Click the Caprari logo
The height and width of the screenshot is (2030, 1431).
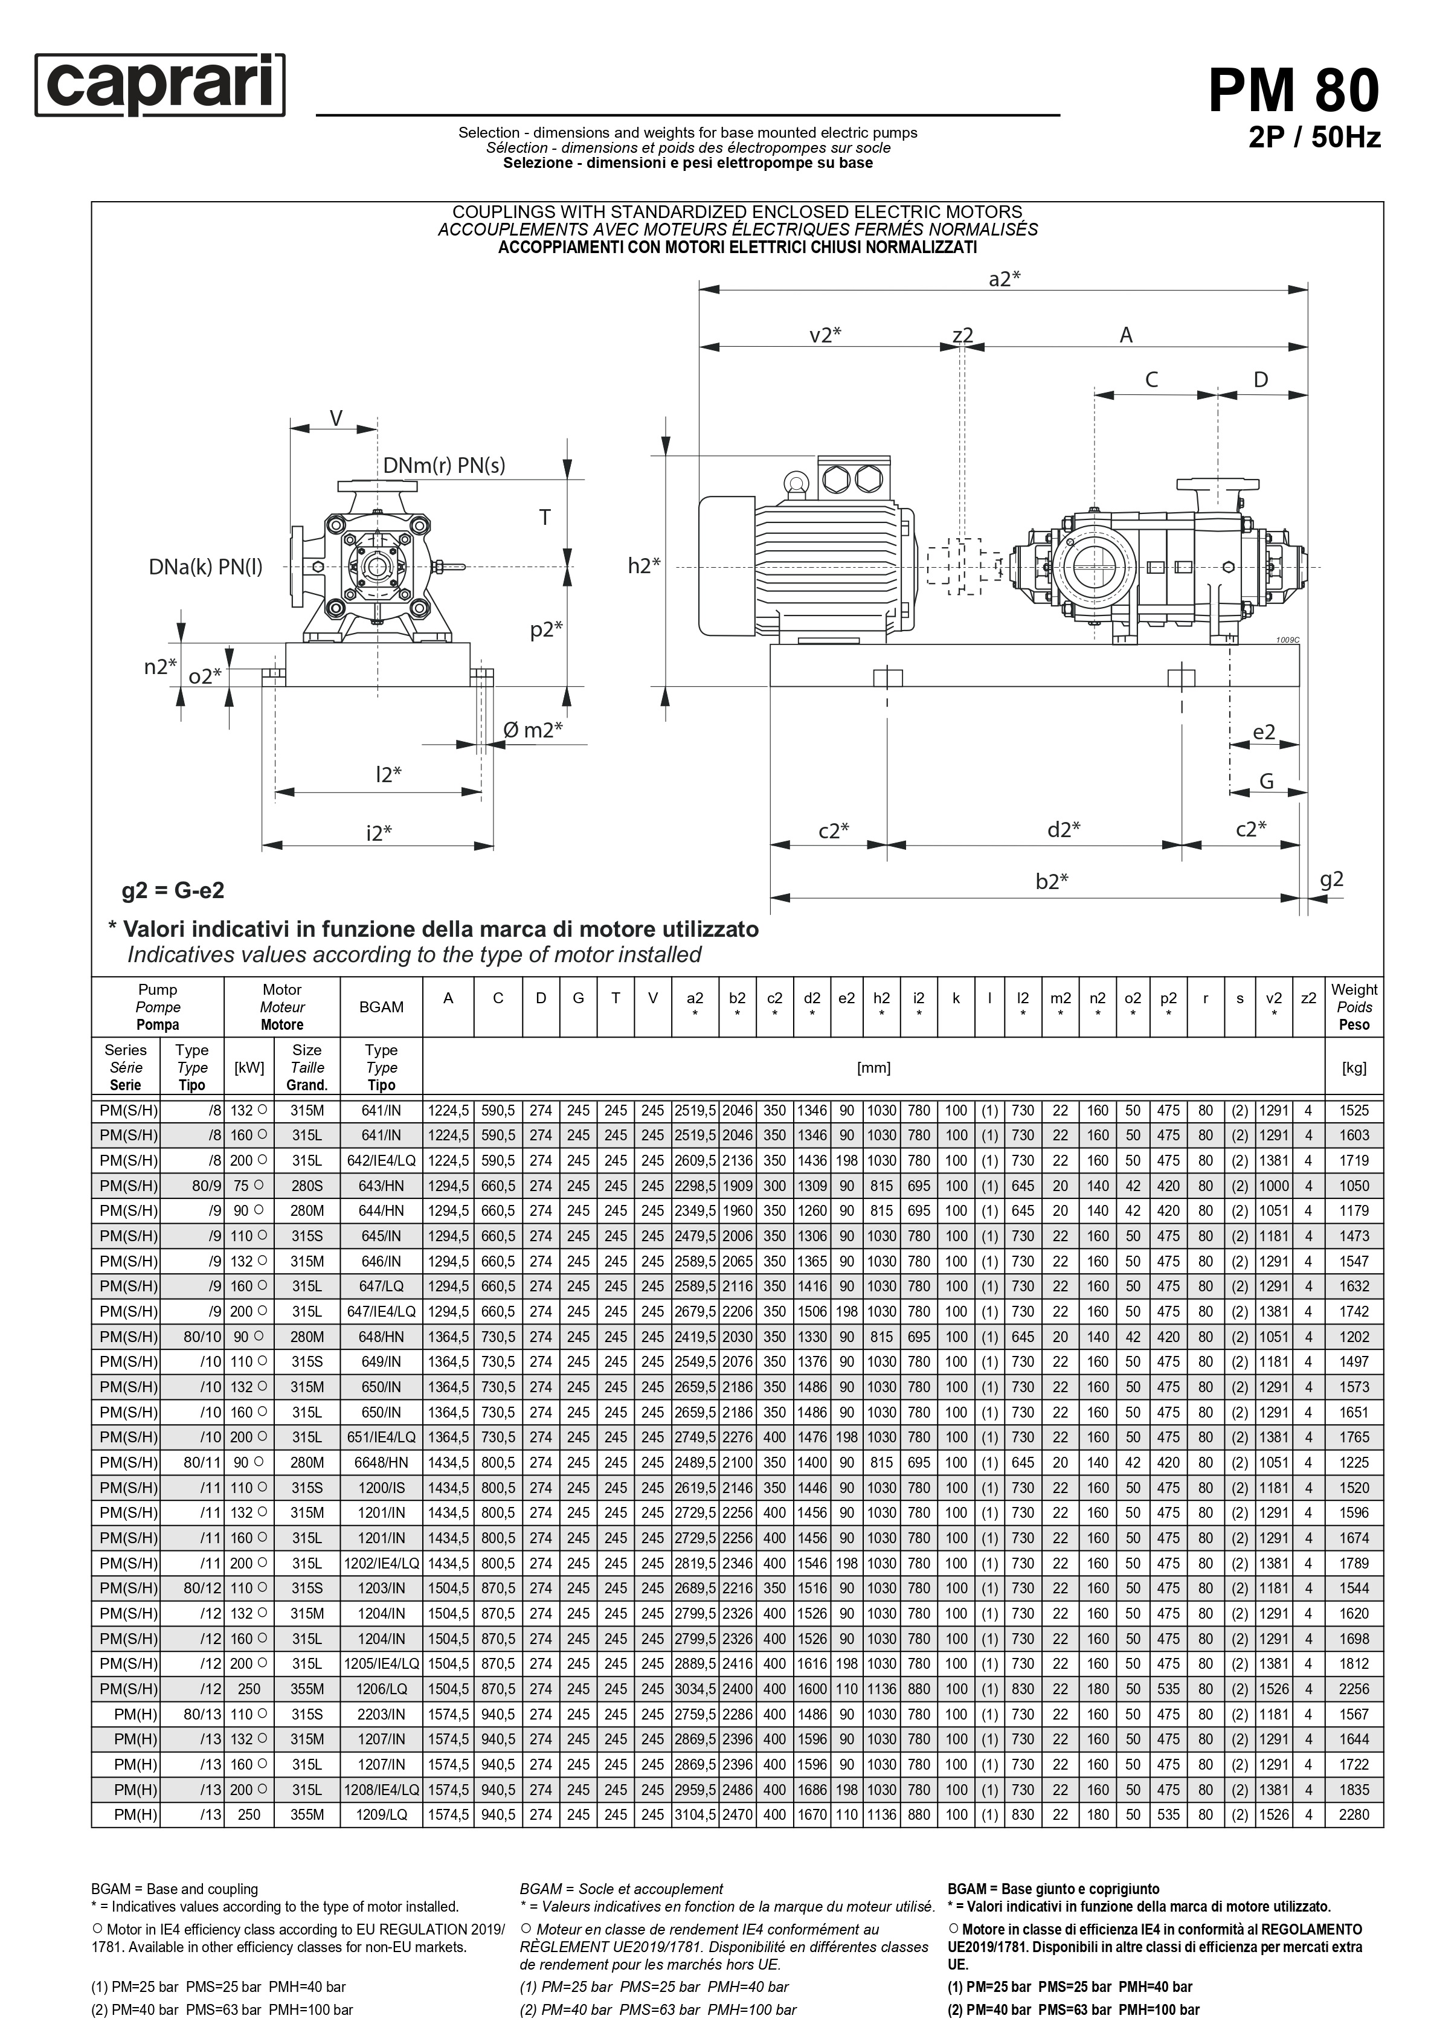point(160,85)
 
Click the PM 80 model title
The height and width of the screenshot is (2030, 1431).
point(1293,91)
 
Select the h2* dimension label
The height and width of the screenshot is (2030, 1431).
point(644,566)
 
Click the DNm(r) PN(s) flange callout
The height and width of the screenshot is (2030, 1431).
point(444,466)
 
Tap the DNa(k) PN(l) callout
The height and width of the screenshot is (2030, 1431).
point(205,567)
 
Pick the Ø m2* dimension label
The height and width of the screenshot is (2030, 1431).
point(532,730)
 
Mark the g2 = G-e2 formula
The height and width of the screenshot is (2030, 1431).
point(173,890)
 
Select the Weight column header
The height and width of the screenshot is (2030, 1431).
point(1353,1006)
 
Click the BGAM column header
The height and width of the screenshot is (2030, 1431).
point(381,1006)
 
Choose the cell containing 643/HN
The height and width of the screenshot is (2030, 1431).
point(381,1186)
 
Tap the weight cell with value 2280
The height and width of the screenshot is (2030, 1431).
point(1353,1814)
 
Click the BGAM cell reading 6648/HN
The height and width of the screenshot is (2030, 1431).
point(381,1462)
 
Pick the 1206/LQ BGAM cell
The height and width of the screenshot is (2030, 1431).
point(381,1689)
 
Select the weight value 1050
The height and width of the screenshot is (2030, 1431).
point(1353,1186)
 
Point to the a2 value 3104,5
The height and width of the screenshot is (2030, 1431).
point(695,1814)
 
